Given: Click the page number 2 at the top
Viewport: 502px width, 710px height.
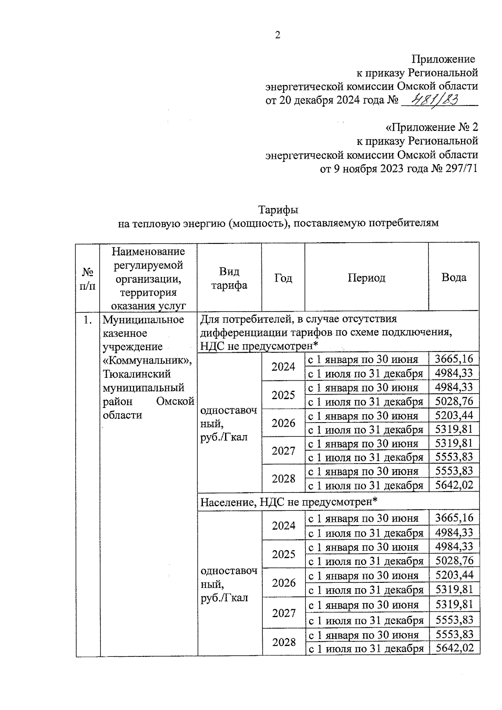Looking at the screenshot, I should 277,35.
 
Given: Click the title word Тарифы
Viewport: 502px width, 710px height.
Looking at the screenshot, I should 278,209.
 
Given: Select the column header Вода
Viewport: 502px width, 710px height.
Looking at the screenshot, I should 453,277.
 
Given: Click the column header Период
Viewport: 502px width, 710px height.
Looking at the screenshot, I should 366,278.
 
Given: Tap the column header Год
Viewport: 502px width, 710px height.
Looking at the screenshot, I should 283,278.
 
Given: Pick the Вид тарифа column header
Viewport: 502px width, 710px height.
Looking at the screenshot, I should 229,278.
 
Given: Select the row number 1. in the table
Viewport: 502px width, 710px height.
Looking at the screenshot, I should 87,320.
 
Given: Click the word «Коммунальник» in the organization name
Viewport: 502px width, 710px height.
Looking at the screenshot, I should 147,360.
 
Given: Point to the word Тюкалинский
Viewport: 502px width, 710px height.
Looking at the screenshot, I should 137,374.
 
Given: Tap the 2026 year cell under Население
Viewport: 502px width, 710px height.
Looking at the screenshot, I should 284,583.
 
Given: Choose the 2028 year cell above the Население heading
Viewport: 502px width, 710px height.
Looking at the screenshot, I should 283,478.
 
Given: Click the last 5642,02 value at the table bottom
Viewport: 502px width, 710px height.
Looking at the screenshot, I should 454,648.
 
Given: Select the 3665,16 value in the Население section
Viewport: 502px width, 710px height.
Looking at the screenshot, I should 454,518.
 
